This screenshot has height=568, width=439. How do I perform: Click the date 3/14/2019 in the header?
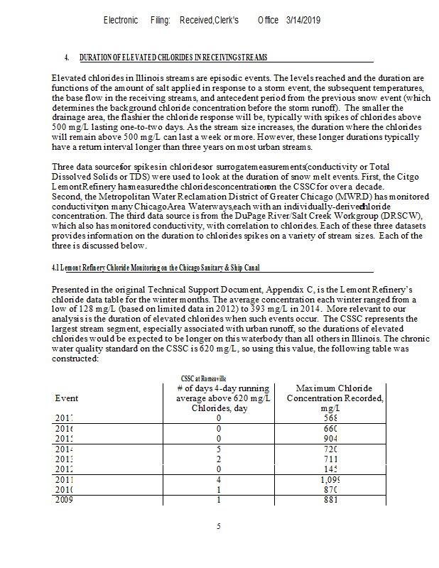(303, 21)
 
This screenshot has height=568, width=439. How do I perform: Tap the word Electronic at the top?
(121, 21)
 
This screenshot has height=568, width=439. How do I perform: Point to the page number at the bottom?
(220, 527)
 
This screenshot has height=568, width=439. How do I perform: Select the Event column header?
(67, 398)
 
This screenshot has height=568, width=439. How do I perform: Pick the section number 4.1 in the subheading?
(56, 268)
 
